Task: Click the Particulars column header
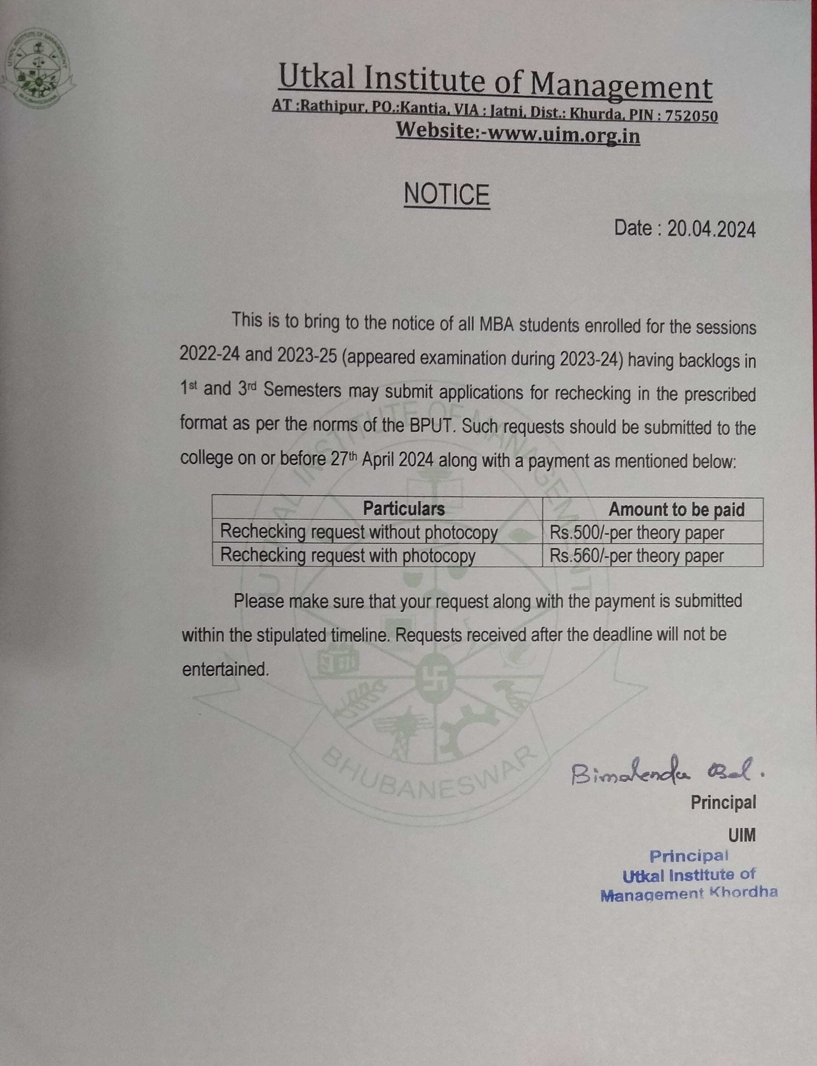(x=403, y=509)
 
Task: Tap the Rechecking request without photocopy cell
(x=358, y=532)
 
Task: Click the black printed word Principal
(x=723, y=802)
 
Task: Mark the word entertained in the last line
(x=225, y=670)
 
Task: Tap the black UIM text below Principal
(x=742, y=835)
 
